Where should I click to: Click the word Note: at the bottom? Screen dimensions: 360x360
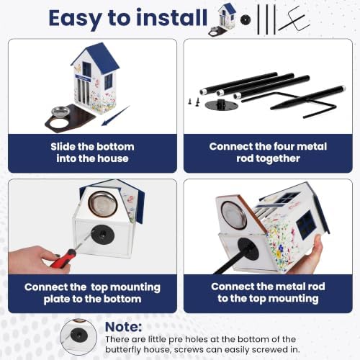coord(123,327)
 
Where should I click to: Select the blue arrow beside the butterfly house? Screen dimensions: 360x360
coord(116,116)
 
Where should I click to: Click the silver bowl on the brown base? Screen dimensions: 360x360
coord(60,112)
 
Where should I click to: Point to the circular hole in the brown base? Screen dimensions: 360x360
coord(60,123)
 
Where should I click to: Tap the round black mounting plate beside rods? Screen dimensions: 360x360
coord(221,104)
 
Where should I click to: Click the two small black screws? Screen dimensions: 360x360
coord(194,102)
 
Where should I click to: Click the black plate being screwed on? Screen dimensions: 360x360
coord(102,235)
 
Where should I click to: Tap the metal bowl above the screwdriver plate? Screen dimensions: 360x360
coord(103,203)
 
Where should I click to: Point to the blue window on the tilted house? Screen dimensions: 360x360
coord(307,225)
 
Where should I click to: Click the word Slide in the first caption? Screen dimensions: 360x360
coord(62,146)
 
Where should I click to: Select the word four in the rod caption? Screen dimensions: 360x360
coord(284,146)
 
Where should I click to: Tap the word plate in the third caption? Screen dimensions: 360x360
coord(57,300)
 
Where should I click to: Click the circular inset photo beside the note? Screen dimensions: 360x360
coord(78,337)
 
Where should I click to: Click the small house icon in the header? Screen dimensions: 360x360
coord(222,19)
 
